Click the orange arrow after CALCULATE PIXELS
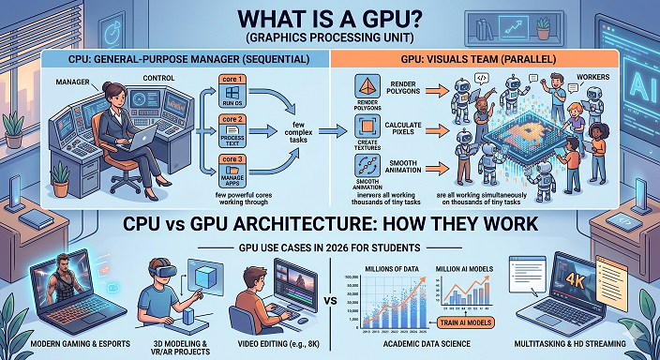pos(434,130)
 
